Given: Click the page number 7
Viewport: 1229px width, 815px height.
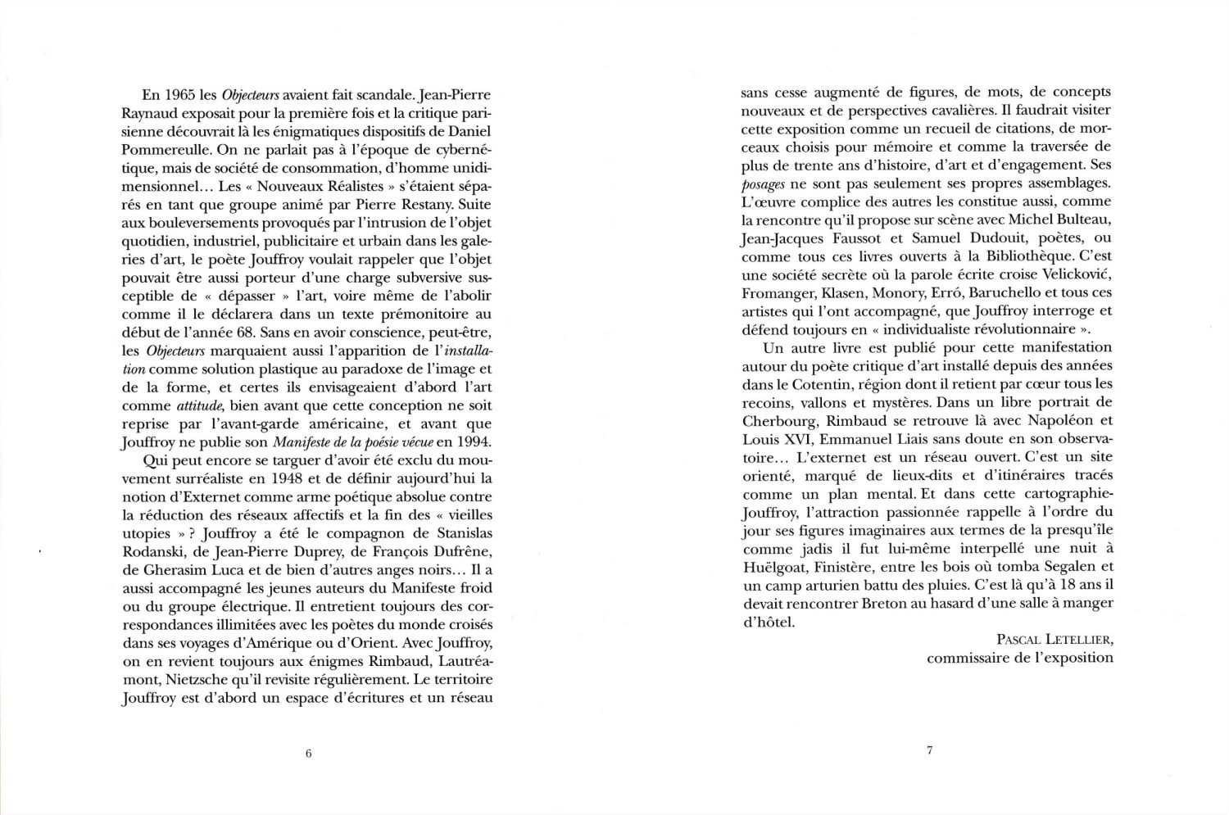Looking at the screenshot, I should click(929, 750).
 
